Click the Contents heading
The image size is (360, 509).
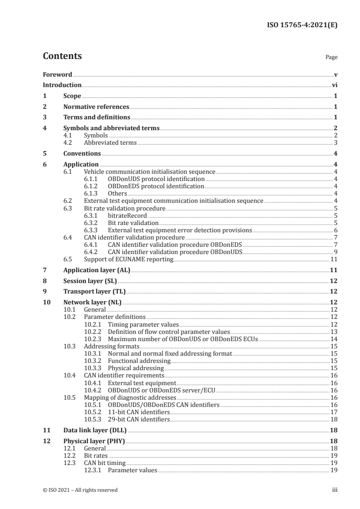point(62,56)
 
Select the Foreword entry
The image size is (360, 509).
point(57,74)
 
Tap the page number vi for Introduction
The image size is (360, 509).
point(334,85)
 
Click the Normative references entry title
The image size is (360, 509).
point(96,107)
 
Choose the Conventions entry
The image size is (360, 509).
point(82,153)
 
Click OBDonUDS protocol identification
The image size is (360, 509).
point(156,179)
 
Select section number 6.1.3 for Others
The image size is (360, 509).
point(93,193)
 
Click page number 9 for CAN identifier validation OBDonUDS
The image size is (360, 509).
point(335,251)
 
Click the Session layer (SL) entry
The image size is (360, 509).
point(87,281)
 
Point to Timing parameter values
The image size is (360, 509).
point(143,324)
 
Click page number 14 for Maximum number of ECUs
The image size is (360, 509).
point(334,339)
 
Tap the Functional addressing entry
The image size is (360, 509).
point(139,361)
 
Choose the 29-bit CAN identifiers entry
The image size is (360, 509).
point(138,420)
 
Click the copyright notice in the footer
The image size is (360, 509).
point(80,490)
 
